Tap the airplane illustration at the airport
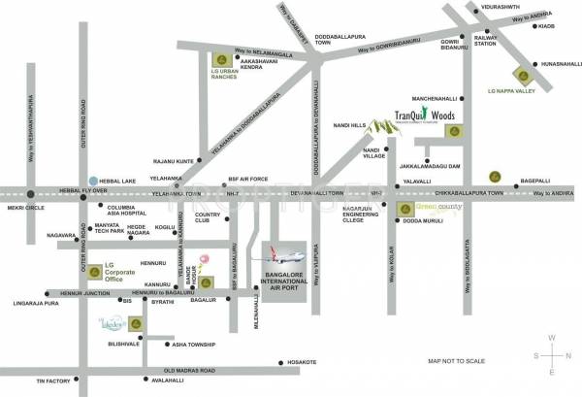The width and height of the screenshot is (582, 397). [279, 261]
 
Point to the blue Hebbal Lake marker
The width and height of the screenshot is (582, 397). [92, 180]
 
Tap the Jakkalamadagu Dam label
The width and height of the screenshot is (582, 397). [439, 167]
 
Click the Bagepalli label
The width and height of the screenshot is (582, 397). [535, 180]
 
